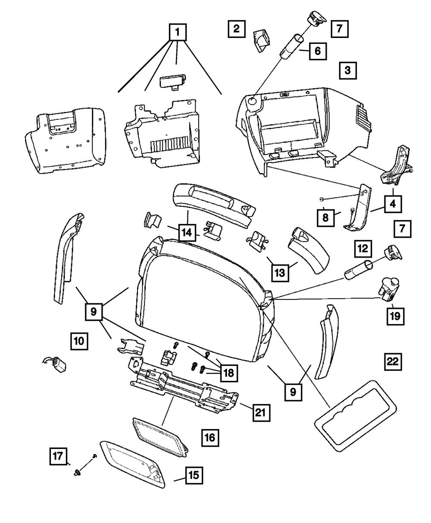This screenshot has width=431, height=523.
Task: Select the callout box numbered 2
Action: pyautogui.click(x=237, y=29)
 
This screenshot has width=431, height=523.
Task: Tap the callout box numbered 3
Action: pyautogui.click(x=347, y=70)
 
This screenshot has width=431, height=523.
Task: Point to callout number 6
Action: pyautogui.click(x=317, y=51)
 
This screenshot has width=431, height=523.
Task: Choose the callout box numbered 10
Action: pyautogui.click(x=79, y=341)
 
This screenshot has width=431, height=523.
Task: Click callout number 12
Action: pyautogui.click(x=363, y=249)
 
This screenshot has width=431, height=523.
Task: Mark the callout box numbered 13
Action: pyautogui.click(x=281, y=272)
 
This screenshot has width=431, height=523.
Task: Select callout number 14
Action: pyautogui.click(x=187, y=233)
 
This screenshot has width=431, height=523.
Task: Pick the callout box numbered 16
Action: pyautogui.click(x=209, y=438)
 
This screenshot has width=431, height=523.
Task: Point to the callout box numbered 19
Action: pyautogui.click(x=395, y=316)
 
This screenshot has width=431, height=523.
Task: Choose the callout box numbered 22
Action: pyautogui.click(x=392, y=361)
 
